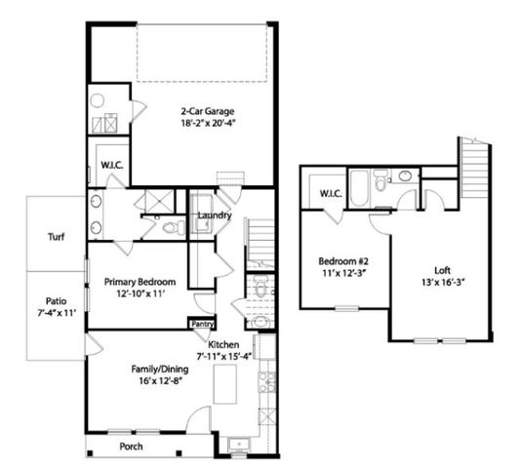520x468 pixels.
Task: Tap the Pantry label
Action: click(x=203, y=324)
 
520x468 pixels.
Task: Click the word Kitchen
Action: click(x=225, y=344)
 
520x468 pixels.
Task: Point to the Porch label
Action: click(x=132, y=448)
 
